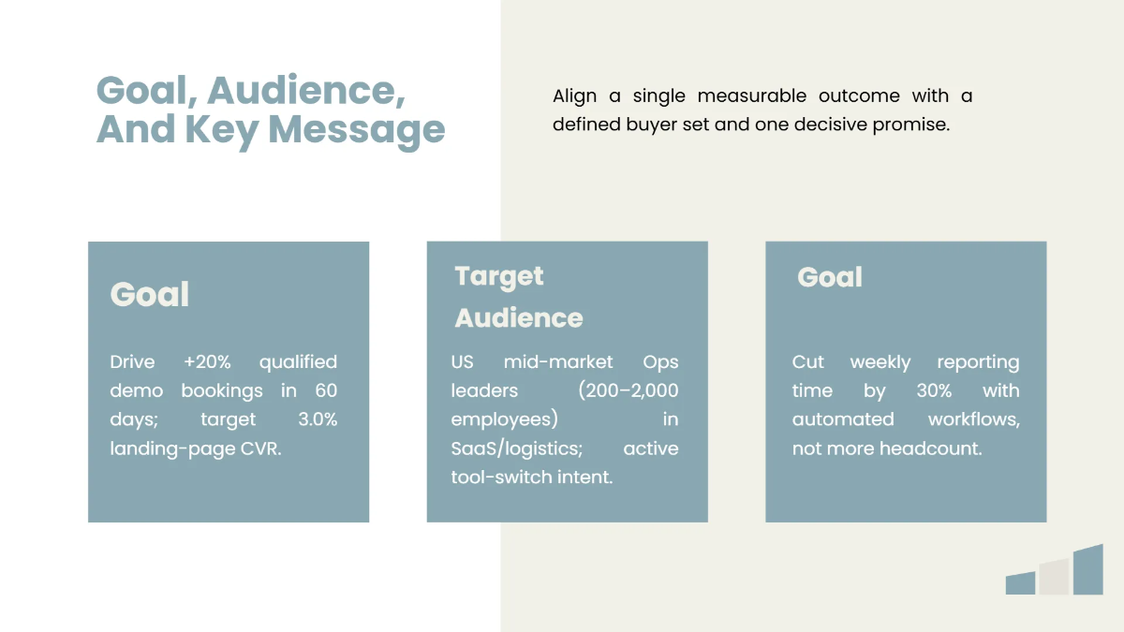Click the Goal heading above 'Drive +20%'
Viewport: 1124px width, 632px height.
point(150,295)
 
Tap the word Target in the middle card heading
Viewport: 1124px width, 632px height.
point(499,276)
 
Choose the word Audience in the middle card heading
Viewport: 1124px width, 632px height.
point(519,318)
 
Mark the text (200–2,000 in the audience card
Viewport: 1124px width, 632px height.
point(629,390)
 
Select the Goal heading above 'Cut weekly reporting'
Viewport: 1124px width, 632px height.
point(830,277)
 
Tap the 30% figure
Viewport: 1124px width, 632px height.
point(926,390)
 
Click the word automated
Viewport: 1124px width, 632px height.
point(843,419)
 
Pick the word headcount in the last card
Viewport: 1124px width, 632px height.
point(931,448)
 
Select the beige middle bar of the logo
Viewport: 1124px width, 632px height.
point(1055,577)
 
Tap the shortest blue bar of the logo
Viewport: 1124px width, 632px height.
point(1020,583)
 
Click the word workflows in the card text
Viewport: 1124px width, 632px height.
point(974,419)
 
